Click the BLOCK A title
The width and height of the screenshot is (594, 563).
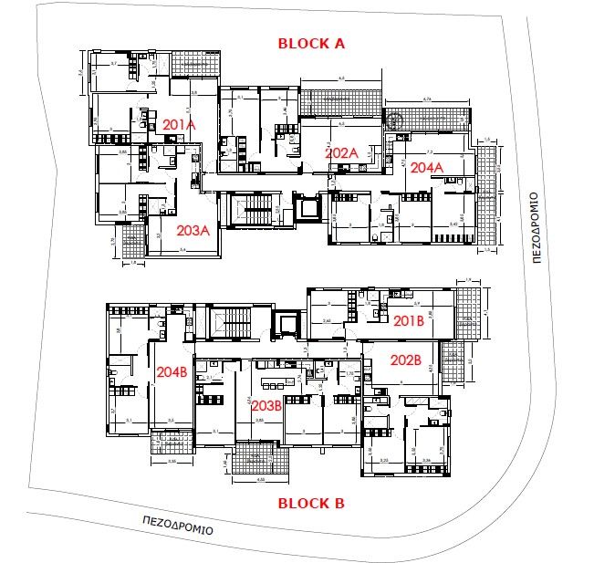pos(311,42)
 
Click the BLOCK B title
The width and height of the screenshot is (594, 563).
pos(311,502)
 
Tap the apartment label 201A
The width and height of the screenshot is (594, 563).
pos(180,125)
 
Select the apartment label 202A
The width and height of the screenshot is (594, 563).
pos(341,153)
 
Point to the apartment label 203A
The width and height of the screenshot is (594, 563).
pos(193,230)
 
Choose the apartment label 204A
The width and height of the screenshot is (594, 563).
pos(425,168)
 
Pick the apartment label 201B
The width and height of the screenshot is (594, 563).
pos(409,319)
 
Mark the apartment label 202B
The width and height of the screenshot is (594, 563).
pos(405,360)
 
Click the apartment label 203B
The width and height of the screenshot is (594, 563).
pos(264,403)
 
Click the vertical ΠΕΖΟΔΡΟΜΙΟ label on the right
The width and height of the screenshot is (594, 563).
pos(536,227)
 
